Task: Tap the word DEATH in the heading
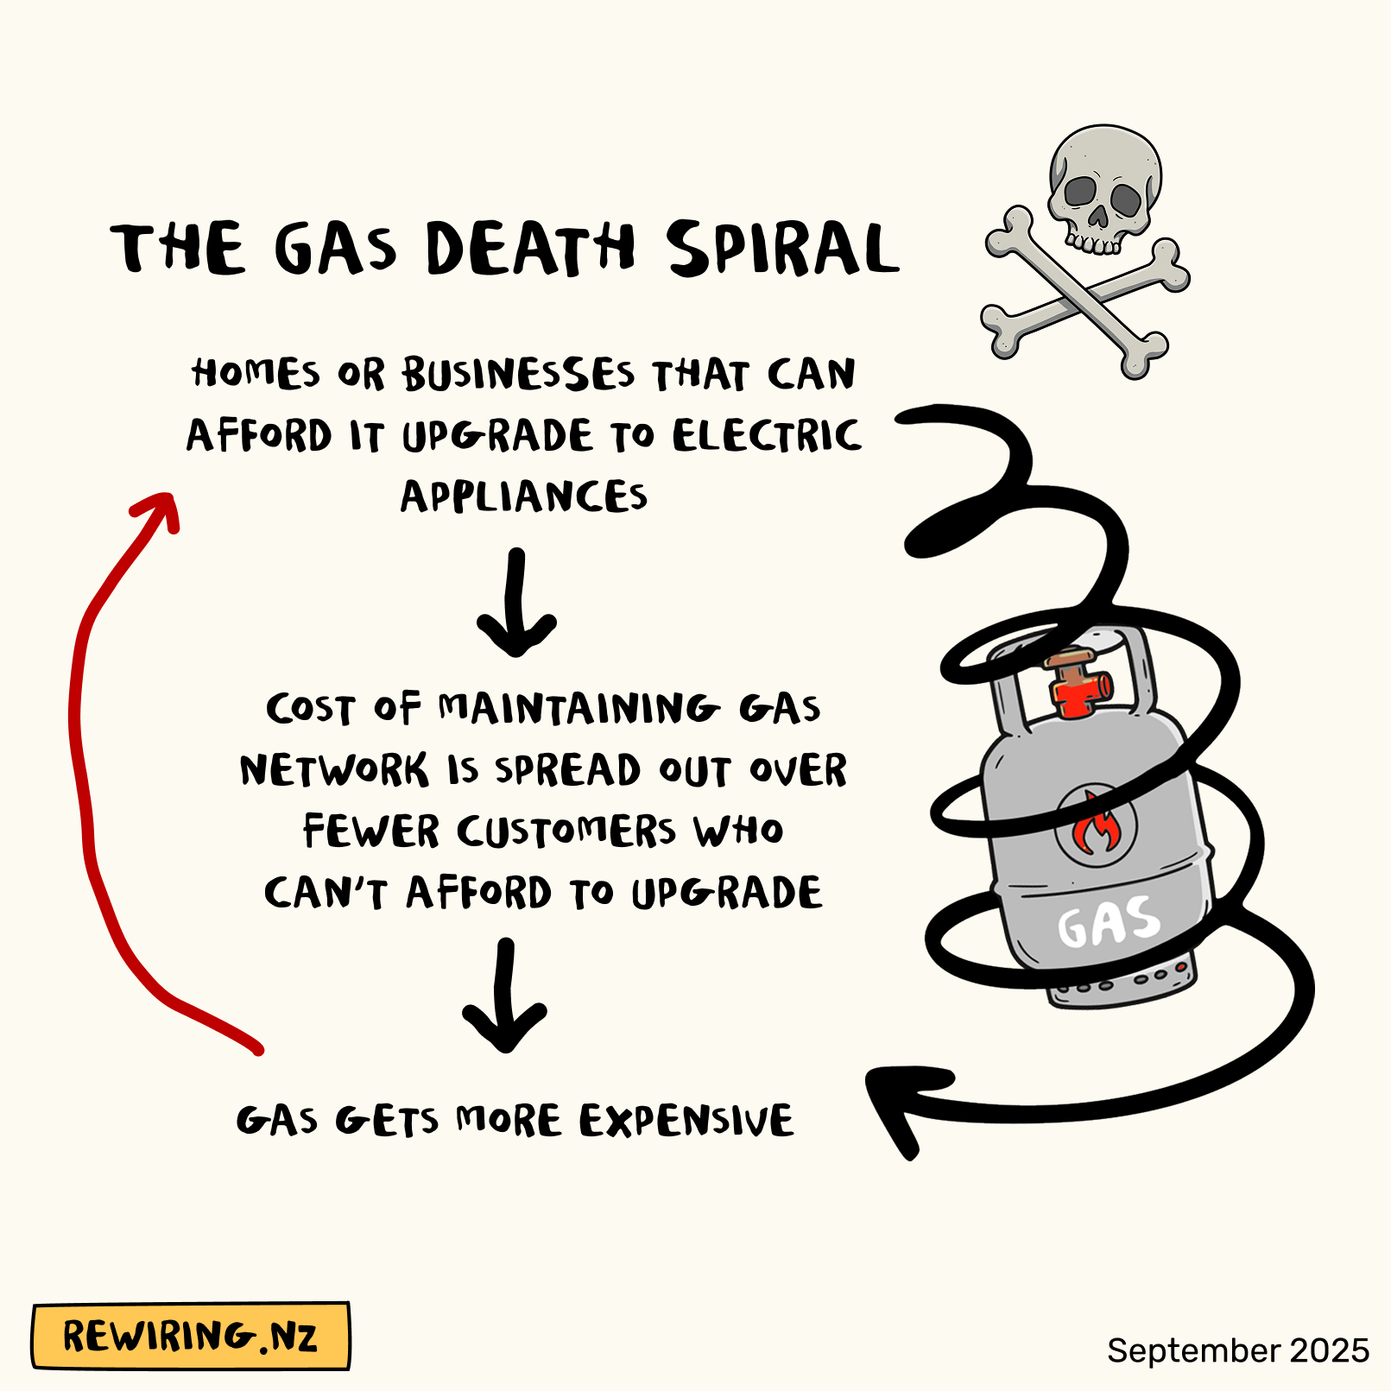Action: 530,249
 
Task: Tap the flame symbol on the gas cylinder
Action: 1096,825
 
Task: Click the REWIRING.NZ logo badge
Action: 191,1336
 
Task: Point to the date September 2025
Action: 1237,1350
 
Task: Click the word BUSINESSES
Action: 518,375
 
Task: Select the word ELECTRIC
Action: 767,435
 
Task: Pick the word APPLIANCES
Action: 523,496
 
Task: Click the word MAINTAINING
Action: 579,708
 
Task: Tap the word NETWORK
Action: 334,769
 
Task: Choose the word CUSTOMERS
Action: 566,831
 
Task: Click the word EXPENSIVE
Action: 686,1121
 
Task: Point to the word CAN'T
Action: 326,892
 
